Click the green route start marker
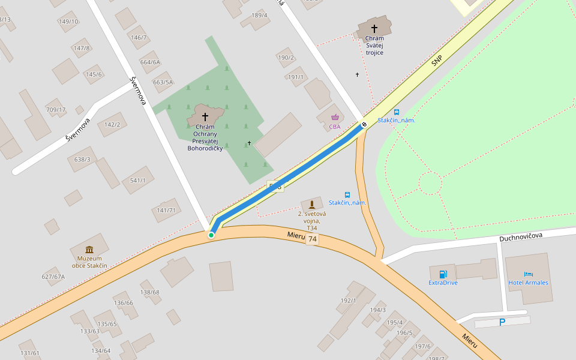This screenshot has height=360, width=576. (x=211, y=235)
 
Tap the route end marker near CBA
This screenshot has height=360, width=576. (x=364, y=125)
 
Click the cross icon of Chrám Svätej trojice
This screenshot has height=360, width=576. (x=374, y=28)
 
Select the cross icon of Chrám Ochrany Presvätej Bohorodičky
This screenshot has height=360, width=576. (x=205, y=116)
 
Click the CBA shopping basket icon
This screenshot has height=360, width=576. (x=335, y=117)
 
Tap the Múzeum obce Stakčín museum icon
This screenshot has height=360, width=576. (x=89, y=250)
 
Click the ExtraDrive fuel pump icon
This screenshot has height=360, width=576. (x=443, y=274)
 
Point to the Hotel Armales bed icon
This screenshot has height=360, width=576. (x=528, y=274)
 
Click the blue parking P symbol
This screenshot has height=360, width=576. (x=502, y=322)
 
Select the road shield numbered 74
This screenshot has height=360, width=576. (x=312, y=239)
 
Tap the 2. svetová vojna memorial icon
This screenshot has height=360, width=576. (x=311, y=205)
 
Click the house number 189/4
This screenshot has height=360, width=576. (x=260, y=15)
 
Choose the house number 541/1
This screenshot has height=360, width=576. (x=138, y=181)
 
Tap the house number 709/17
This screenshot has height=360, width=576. (x=56, y=110)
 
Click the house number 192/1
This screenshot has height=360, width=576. (x=349, y=301)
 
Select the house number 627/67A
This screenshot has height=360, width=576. (x=53, y=277)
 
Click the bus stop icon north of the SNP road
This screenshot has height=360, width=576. (x=397, y=112)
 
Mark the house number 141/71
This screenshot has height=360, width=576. (x=166, y=211)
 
